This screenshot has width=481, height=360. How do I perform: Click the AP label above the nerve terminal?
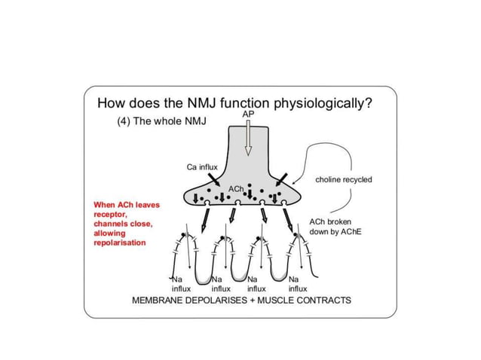(x=248, y=113)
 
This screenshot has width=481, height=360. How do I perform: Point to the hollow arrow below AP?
(x=248, y=136)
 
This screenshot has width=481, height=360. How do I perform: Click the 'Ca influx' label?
(x=201, y=166)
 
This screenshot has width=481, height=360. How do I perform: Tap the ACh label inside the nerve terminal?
(x=236, y=187)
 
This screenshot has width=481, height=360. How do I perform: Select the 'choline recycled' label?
(x=344, y=180)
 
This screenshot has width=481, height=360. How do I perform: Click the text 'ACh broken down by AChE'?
(x=335, y=227)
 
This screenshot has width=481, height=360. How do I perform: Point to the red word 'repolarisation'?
(x=120, y=243)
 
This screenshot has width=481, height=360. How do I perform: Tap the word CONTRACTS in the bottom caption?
(x=323, y=300)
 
